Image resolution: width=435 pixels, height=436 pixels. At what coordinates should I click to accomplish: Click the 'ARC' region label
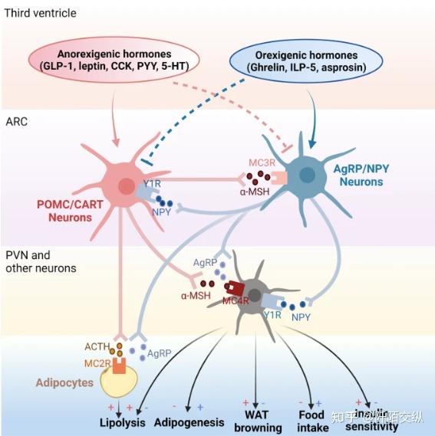pos(17,120)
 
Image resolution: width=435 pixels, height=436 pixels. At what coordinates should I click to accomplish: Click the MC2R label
pos(97,362)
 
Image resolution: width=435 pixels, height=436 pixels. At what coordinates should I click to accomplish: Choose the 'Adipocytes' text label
pos(64,382)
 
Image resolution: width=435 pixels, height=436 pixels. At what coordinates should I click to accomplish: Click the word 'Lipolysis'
pos(123,421)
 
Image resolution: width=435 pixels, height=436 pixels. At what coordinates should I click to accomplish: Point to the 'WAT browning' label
pos(256,421)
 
